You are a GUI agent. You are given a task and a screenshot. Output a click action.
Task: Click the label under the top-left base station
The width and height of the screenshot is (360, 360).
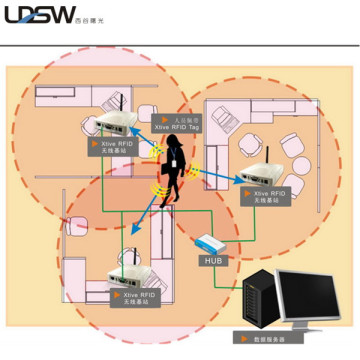point(114,147)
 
